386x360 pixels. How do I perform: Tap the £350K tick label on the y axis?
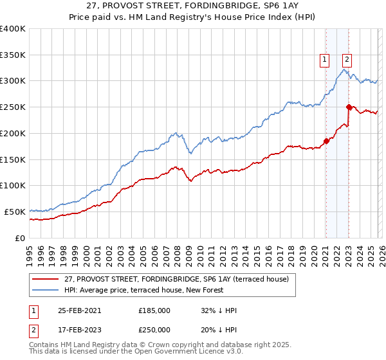point(13,55)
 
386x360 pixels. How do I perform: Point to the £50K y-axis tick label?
point(15,212)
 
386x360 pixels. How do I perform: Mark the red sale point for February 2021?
point(326,141)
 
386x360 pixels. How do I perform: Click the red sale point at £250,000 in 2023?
point(349,107)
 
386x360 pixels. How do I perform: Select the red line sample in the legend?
point(46,279)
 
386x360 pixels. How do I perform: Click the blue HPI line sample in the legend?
point(46,290)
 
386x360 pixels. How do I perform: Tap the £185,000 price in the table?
point(154,310)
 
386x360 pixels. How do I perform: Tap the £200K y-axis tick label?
point(13,134)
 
